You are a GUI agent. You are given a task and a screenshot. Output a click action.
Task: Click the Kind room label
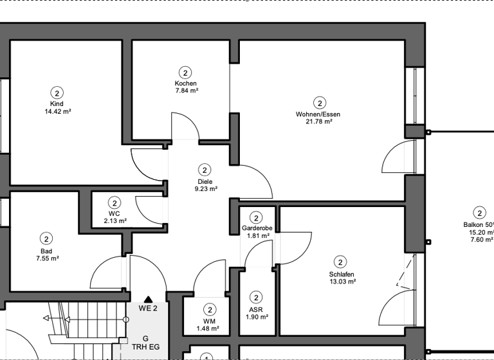[57, 104]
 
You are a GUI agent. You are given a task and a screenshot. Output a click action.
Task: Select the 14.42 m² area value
[57, 111]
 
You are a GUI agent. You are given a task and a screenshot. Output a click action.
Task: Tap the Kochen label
[185, 84]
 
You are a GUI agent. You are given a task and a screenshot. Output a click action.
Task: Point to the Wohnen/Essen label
[318, 114]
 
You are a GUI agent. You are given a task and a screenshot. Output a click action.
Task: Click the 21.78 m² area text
[318, 122]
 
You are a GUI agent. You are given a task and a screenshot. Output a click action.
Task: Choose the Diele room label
[205, 181]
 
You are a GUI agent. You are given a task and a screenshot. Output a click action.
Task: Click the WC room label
[114, 213]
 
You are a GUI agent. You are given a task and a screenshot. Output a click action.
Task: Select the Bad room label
[46, 251]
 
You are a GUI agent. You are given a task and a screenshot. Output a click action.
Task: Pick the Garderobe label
[255, 228]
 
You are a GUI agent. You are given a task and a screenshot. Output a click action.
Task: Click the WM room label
[208, 321]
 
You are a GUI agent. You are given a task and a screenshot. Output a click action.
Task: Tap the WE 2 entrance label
[148, 309]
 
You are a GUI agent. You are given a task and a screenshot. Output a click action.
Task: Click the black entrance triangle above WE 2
[148, 298]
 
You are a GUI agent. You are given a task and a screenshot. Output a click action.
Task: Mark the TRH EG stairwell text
[145, 348]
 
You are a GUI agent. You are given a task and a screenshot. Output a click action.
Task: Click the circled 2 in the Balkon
[479, 213]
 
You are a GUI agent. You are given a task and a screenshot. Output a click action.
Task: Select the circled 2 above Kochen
[185, 73]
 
